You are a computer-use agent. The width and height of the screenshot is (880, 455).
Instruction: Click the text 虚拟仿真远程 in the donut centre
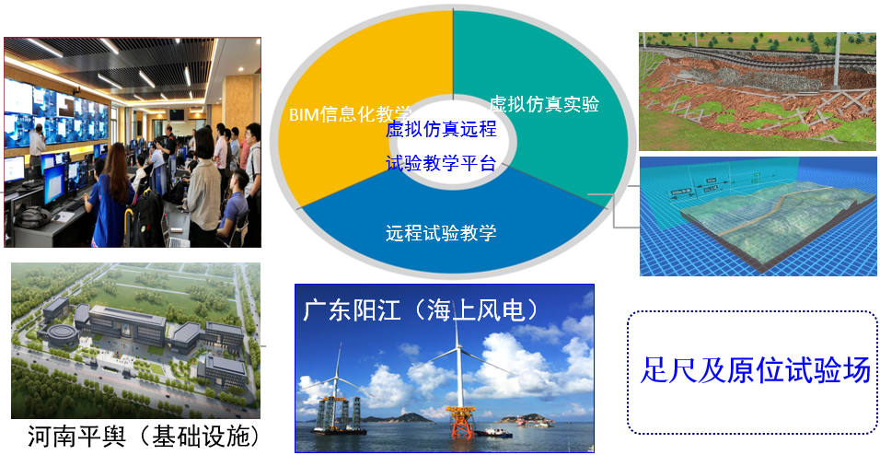pos(441,129)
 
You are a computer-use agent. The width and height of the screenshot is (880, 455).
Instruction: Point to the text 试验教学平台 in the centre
pos(441,163)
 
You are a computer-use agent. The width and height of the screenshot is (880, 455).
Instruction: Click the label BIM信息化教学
pos(350,114)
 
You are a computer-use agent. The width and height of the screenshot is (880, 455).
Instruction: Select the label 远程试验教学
pos(441,232)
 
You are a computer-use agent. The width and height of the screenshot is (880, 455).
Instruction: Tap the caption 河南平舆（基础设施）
pos(145,436)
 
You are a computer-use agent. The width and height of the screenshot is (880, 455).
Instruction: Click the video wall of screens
pos(56,115)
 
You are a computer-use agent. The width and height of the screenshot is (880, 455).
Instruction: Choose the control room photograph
pos(133,142)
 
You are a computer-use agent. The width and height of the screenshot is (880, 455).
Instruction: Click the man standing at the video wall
pos(37,149)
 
